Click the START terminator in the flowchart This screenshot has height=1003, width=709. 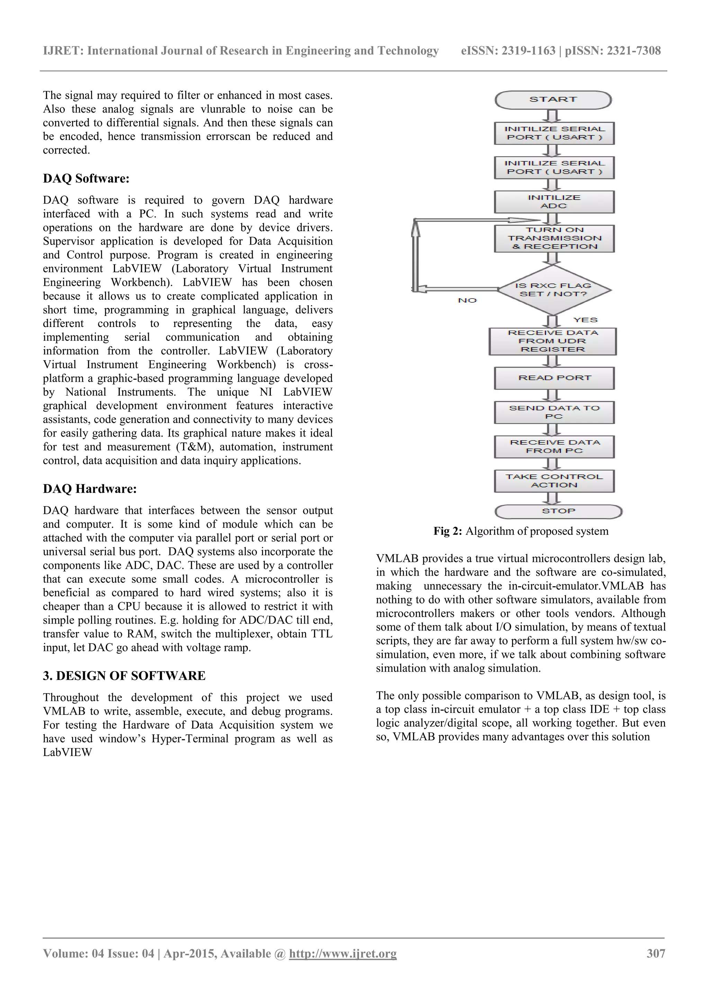click(553, 99)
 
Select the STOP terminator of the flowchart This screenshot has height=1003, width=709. click(558, 511)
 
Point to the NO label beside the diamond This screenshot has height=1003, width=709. click(467, 300)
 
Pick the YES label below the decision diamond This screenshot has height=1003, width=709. click(585, 320)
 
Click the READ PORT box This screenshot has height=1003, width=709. click(554, 378)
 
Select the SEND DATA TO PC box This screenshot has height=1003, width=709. click(554, 412)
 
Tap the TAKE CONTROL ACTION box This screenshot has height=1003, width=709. click(554, 481)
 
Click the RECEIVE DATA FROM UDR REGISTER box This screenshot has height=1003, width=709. click(553, 341)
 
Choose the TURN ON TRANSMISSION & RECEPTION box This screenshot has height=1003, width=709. click(554, 238)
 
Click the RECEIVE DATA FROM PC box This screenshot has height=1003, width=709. click(554, 447)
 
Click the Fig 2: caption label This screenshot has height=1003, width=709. click(448, 531)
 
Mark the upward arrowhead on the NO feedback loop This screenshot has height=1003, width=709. click(416, 226)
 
